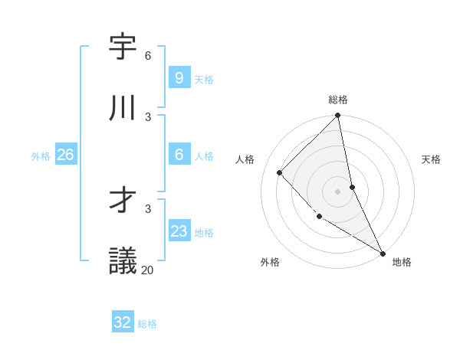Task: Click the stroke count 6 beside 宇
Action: pos(148,56)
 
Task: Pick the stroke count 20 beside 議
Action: pos(148,270)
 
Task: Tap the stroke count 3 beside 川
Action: pos(148,116)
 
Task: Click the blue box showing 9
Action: pos(179,78)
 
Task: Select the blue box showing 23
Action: pos(179,231)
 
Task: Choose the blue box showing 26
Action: pos(65,155)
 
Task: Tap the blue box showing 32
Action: pos(123,322)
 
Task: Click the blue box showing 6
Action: pos(179,155)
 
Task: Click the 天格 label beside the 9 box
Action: pos(204,79)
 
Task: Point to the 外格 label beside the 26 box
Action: pos(41,156)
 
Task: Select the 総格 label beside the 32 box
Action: pos(147,324)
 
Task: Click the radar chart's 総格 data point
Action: pos(338,116)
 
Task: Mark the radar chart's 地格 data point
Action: pos(383,253)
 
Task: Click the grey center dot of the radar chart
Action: pos(337,191)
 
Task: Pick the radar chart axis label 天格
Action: pos(431,159)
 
